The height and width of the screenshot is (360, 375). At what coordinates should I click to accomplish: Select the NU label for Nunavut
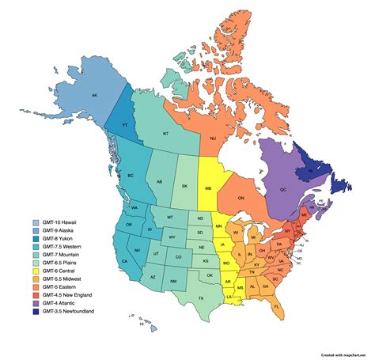[212, 138]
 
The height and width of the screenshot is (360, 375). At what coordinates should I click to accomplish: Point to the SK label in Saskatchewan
[185, 186]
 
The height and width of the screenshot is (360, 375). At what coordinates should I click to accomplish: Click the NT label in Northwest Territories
[165, 134]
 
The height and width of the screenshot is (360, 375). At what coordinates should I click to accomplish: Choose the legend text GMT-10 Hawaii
[59, 223]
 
